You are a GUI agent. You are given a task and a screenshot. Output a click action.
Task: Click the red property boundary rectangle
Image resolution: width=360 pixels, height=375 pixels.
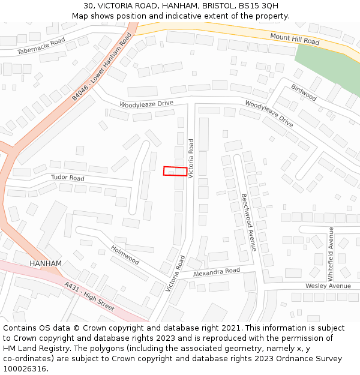pos(175,171)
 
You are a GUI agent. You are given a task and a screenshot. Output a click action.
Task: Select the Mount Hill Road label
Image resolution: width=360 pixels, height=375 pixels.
pos(295,39)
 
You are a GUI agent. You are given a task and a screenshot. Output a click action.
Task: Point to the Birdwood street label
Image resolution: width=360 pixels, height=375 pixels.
pos(304,92)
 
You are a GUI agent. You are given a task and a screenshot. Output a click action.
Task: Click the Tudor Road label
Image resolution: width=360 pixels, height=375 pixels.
pos(67,178)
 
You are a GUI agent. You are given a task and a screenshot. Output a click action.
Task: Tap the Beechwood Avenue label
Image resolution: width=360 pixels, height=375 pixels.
pos(249,221)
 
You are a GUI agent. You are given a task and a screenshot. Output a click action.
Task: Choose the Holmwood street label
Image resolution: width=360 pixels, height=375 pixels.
pos(125,254)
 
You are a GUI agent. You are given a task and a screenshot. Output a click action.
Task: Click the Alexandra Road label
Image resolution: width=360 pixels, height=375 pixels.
pos(217,272)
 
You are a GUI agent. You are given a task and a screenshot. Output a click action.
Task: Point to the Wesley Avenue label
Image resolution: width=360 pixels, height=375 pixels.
pos(328,286)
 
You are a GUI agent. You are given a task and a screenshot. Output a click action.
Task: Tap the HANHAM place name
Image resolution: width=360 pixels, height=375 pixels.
pos(46,263)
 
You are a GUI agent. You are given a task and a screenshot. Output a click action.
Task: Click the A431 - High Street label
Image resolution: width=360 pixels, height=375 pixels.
pos(89,296)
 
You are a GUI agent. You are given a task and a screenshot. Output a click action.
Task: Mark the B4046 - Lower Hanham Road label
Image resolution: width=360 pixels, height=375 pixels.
pos(101,66)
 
